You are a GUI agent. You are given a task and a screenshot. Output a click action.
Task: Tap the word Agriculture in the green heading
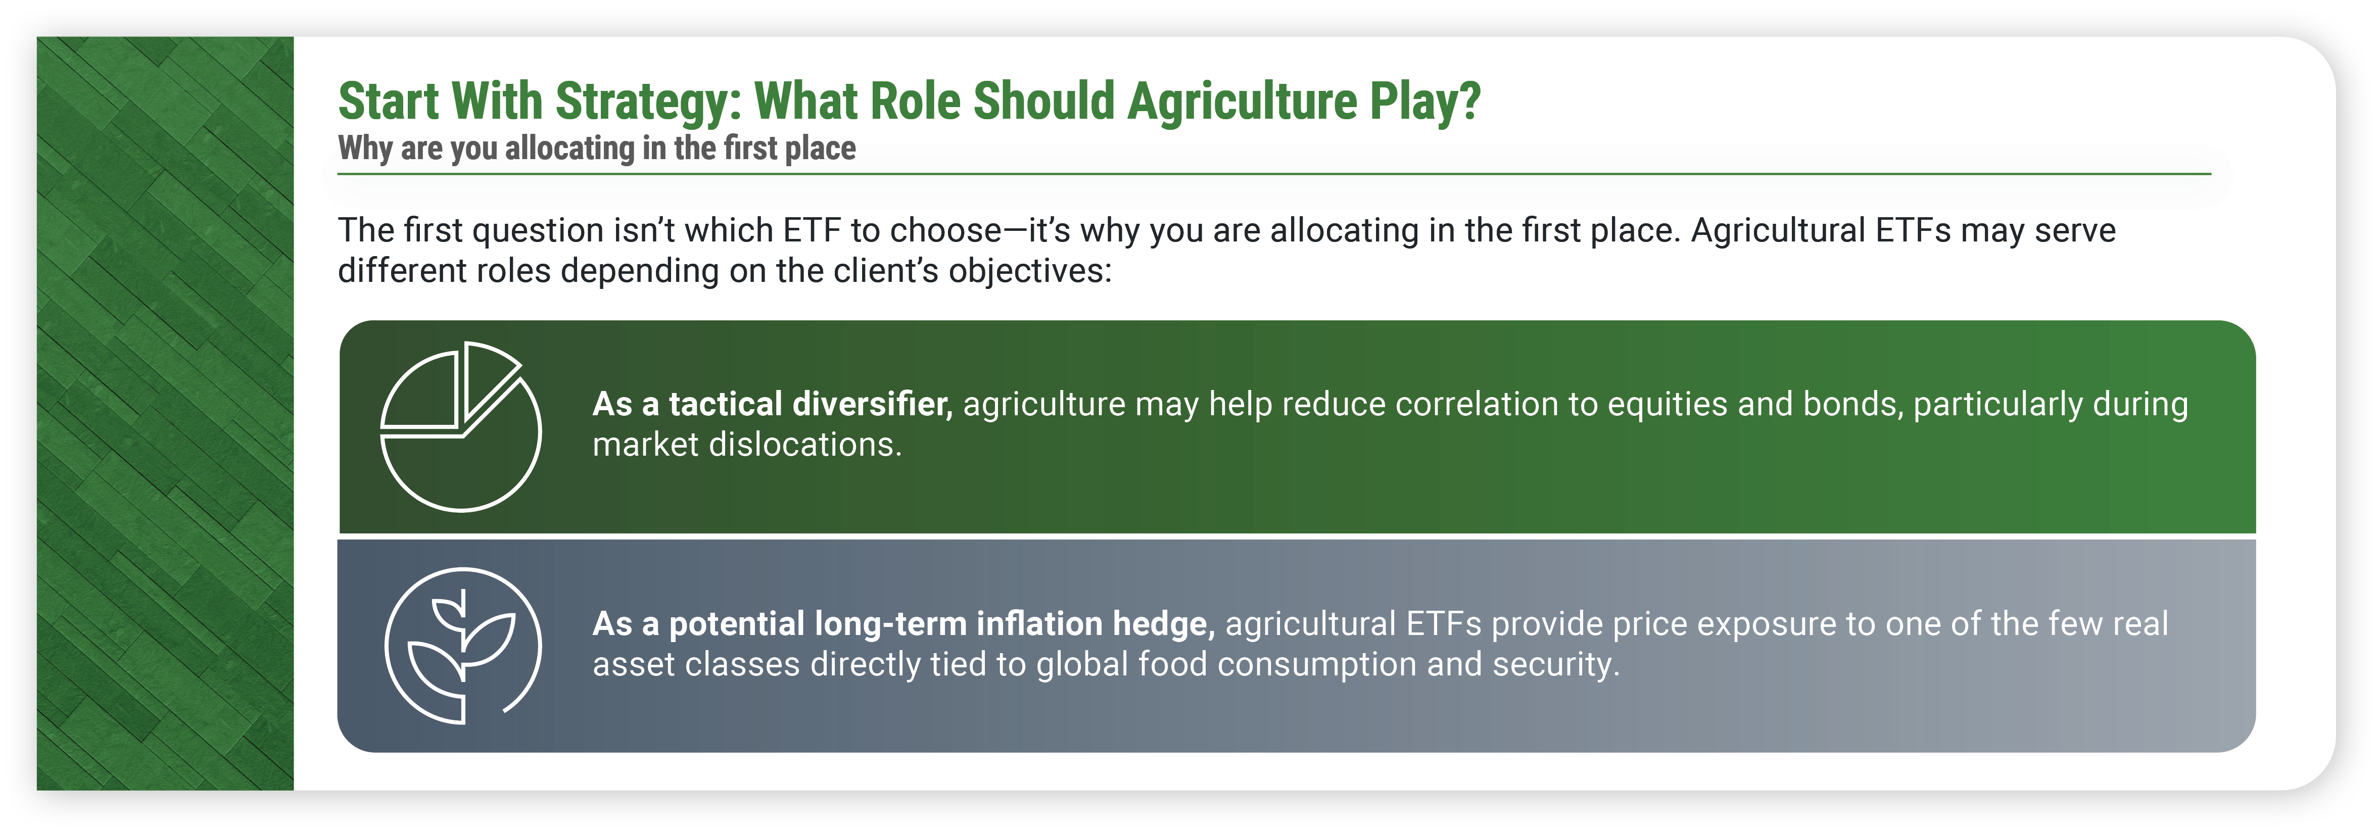tap(1242, 102)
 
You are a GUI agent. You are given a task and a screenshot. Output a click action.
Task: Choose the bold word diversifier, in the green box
tap(872, 405)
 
